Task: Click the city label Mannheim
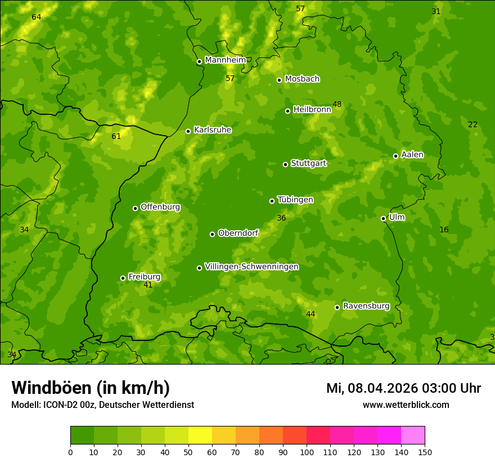[225, 60]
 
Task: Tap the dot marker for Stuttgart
[285, 164]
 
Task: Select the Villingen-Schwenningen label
[251, 267]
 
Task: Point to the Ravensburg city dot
[337, 307]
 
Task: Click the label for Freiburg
[144, 277]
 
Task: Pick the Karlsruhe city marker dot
[188, 131]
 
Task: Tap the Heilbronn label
[312, 110]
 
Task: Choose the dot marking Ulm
[383, 218]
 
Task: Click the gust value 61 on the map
[116, 136]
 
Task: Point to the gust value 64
[37, 17]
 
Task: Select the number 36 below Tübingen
[281, 218]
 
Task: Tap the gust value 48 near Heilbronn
[337, 104]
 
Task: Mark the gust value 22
[472, 124]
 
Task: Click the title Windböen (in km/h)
[90, 388]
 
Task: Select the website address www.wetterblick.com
[406, 405]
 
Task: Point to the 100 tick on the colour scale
[307, 452]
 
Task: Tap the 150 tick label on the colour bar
[425, 452]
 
